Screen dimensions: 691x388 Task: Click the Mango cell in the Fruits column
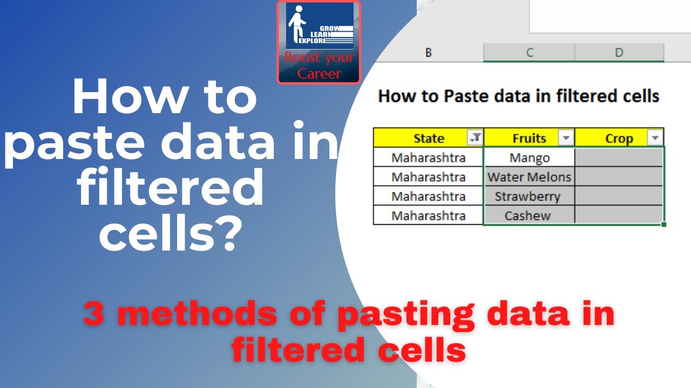tap(529, 157)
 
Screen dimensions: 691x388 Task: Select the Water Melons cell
tap(529, 177)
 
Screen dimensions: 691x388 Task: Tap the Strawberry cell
tap(529, 196)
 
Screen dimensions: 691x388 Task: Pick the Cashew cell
tap(529, 215)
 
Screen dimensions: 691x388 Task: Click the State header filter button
tap(475, 137)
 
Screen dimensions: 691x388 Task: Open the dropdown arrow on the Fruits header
tap(566, 137)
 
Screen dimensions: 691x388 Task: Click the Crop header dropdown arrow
tap(655, 137)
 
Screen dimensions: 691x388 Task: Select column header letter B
tap(428, 53)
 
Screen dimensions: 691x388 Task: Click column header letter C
tap(530, 53)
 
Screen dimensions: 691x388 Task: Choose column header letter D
tap(619, 53)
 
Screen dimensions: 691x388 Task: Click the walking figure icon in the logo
tap(296, 24)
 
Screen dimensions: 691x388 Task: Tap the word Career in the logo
tap(319, 74)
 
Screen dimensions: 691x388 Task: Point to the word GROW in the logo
tap(329, 29)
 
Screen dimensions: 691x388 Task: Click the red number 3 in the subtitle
tap(93, 314)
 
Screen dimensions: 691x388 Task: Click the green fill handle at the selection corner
tap(663, 225)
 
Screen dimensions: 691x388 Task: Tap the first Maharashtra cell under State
tap(428, 158)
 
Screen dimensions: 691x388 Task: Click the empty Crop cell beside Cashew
tap(619, 215)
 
